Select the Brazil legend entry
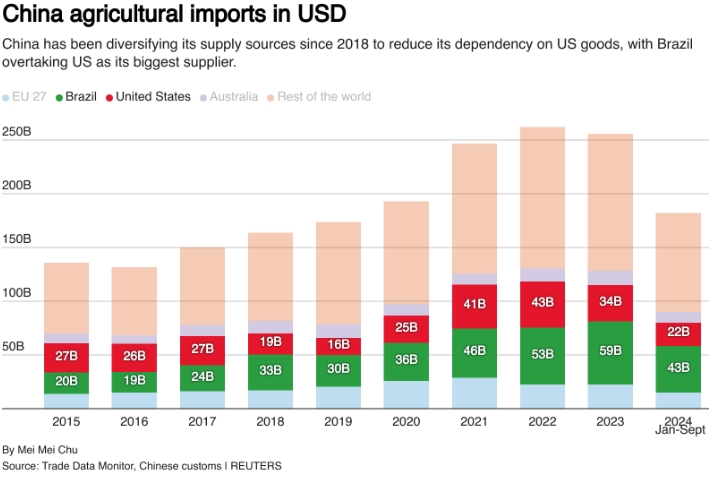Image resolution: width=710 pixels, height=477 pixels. click(x=81, y=97)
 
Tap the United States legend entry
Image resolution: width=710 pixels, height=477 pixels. click(x=152, y=97)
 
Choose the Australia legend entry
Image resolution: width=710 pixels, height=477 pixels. click(x=233, y=97)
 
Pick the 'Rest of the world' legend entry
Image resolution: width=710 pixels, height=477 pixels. click(x=324, y=97)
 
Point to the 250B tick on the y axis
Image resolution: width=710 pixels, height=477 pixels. click(x=17, y=132)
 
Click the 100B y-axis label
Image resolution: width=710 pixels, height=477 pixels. click(x=17, y=294)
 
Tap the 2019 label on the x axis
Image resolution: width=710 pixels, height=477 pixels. click(x=338, y=423)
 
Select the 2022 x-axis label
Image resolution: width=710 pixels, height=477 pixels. click(x=542, y=423)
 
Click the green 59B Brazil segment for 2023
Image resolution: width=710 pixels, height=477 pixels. click(x=610, y=352)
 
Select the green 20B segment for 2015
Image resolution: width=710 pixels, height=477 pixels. click(x=66, y=382)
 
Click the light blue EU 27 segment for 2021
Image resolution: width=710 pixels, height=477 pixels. click(x=474, y=392)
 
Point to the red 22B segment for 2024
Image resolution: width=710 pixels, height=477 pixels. click(x=678, y=333)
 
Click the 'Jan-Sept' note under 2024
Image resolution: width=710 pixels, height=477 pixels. click(x=680, y=431)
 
